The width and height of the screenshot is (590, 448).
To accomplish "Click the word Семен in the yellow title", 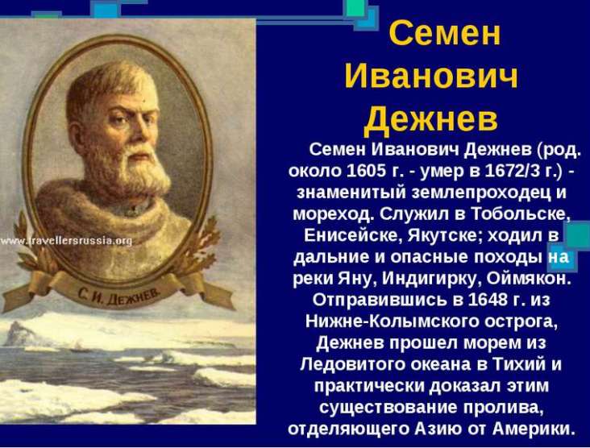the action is coord(445,33).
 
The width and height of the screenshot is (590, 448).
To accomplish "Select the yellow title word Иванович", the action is coord(431,77).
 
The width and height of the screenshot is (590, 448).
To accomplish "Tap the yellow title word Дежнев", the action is coord(431,119).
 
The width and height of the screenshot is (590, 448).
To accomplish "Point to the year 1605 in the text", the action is coord(362,171).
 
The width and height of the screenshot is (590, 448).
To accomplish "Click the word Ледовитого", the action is coord(351,365).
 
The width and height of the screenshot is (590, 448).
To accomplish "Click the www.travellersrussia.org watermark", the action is coord(66,241).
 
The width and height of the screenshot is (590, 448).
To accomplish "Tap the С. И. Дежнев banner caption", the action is coord(119,296).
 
